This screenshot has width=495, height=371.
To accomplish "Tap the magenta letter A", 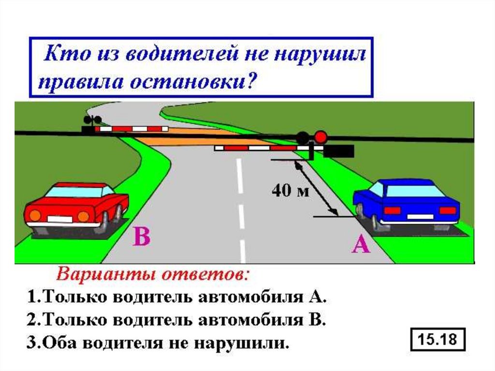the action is point(361,246).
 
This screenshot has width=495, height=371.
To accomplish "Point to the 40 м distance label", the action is point(289,191).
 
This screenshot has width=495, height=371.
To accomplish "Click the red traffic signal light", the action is point(320,136).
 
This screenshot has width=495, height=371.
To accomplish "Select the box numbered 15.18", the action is point(437,340).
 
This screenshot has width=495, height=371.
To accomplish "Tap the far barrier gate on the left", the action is point(131,129).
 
